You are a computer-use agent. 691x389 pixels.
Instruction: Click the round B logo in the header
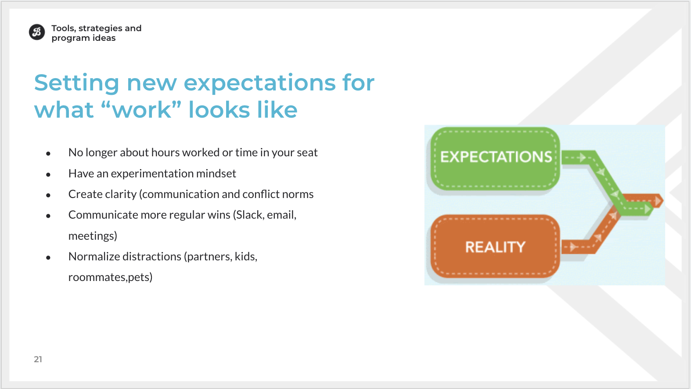point(37,32)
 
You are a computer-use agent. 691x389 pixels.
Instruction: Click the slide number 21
point(38,360)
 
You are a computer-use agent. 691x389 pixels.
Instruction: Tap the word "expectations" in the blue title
point(259,83)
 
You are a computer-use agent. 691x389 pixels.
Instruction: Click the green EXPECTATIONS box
point(495,158)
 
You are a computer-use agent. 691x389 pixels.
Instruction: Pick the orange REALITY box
point(495,246)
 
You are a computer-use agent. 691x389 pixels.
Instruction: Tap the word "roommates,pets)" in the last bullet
point(111,277)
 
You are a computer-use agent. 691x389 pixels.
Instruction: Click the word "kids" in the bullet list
point(246,256)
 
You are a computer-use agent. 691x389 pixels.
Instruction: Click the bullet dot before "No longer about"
point(48,153)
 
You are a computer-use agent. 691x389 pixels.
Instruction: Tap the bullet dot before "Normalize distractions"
point(48,257)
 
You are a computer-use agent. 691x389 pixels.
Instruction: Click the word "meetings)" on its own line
point(93,236)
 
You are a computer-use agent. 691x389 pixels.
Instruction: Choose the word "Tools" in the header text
point(64,29)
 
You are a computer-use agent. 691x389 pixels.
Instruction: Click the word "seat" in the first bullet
point(307,153)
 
